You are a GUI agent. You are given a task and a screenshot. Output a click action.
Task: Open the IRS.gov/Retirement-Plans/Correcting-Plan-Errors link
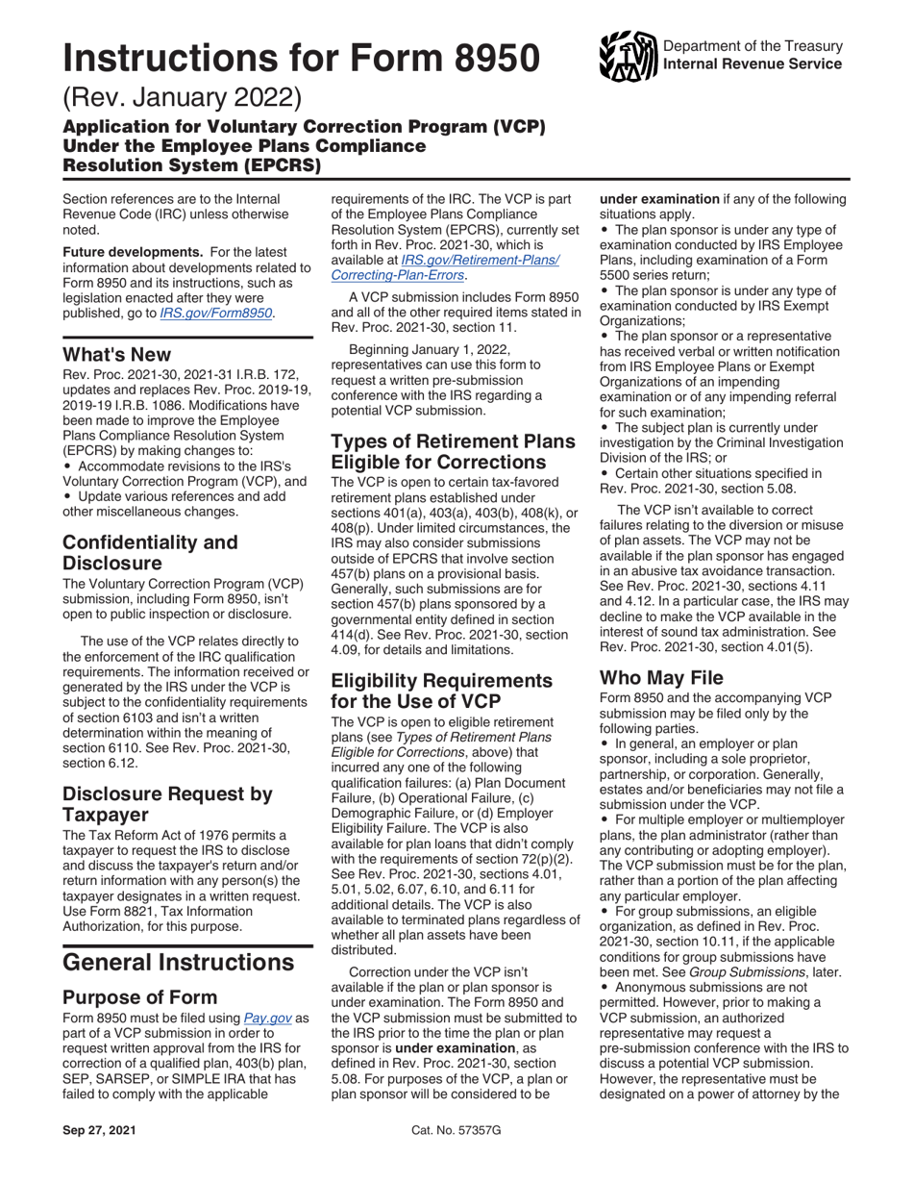tap(444, 267)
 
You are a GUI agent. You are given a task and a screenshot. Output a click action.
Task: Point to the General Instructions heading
tap(178, 961)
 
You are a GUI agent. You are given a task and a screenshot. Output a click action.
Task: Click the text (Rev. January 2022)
tap(183, 99)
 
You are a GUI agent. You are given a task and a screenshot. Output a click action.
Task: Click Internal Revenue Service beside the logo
tap(753, 64)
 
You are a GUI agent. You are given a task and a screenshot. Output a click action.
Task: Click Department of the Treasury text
tap(753, 46)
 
